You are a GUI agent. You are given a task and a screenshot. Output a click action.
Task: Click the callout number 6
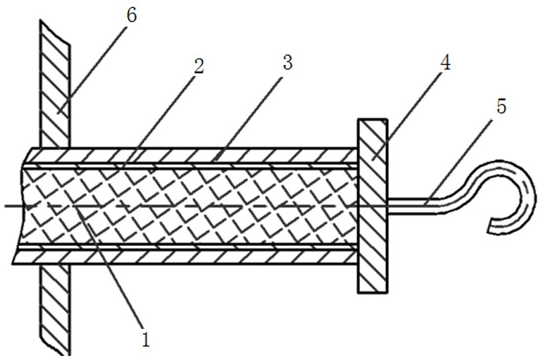[x=131, y=15]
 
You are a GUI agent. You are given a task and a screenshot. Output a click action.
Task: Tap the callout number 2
[x=198, y=66]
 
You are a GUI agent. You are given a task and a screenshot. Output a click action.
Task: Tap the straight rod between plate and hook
[x=416, y=204]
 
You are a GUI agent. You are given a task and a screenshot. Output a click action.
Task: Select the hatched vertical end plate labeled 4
[x=372, y=205]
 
